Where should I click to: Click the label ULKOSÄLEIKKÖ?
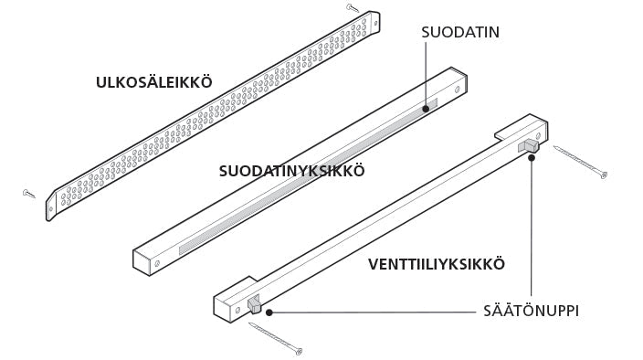point(153,82)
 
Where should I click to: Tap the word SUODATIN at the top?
point(460,32)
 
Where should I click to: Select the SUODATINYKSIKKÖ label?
point(292,171)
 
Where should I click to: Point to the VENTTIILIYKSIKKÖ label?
point(437,265)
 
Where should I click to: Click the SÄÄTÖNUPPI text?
point(531,312)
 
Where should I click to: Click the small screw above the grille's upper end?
point(352,7)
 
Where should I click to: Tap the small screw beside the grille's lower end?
point(29,193)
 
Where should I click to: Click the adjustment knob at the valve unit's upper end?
point(528,146)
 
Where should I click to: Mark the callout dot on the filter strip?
point(426,108)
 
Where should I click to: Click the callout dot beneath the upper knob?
point(531,157)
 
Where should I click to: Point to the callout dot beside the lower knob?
point(269,312)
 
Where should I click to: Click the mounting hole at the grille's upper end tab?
point(370,20)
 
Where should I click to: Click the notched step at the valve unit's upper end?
point(501,134)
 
